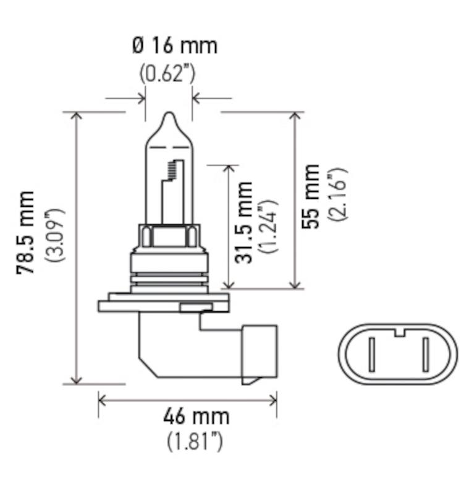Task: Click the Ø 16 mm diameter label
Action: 174,46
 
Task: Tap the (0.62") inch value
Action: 167,73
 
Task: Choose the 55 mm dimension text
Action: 312,196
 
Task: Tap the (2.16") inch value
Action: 338,194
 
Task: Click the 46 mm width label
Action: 196,416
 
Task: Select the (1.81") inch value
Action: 195,442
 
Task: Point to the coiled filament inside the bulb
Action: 174,170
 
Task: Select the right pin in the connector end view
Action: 425,354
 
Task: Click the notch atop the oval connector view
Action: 399,333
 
